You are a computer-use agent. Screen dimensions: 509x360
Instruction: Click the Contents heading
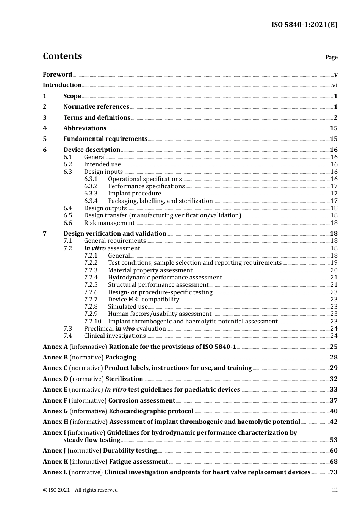point(62,56)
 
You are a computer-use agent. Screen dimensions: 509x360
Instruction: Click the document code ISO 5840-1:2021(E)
point(304,25)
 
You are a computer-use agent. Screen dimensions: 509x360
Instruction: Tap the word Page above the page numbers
point(331,57)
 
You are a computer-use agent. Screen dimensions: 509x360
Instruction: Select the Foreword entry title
point(57,75)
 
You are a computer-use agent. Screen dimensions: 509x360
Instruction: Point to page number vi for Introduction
point(335,85)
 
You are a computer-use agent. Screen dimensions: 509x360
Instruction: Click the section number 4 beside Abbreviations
point(45,128)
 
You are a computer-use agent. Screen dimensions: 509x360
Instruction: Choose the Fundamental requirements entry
point(105,139)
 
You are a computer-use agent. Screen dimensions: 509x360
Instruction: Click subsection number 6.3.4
point(91,201)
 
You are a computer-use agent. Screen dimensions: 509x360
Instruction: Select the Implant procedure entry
point(134,194)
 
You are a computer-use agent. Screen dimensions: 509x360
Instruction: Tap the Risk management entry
point(109,223)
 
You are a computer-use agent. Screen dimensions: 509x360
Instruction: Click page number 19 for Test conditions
point(334,263)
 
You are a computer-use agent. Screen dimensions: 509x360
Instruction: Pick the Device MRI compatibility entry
point(143,300)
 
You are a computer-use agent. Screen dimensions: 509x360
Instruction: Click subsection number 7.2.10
point(92,322)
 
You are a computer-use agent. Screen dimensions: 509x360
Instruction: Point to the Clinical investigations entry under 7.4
point(114,336)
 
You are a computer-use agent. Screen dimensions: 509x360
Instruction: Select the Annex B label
point(55,358)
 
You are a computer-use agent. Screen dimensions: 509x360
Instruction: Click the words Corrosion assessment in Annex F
point(141,401)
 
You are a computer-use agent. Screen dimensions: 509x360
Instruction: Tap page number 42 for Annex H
point(333,422)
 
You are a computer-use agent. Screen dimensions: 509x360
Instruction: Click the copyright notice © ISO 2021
point(80,490)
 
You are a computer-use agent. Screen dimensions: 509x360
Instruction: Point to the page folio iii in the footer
point(335,490)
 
